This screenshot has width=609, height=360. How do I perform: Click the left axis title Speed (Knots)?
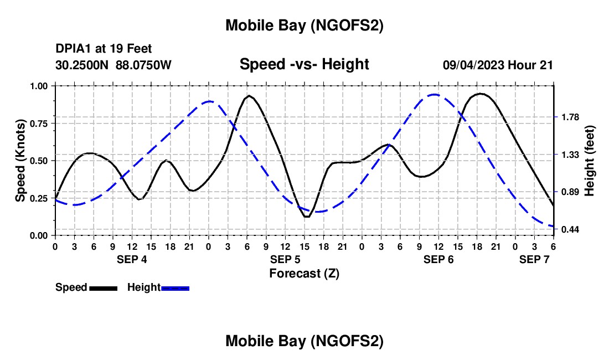point(20,161)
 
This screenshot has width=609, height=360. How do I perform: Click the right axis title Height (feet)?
point(589,161)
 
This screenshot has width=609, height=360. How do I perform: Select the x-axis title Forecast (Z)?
point(304,273)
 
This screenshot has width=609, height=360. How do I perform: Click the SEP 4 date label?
point(132,259)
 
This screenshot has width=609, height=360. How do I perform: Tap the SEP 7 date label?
point(534,259)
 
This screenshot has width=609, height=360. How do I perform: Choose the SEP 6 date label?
point(438,259)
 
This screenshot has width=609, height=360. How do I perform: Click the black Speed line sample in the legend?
point(103,287)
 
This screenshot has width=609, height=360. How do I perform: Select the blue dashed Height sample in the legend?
point(176,287)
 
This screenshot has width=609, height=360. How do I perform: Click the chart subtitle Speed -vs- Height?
point(304,64)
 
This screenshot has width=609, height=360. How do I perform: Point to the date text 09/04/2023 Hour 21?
point(498,65)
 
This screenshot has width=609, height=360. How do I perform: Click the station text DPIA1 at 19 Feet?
point(104,49)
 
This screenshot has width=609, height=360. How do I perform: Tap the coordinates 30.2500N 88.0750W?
point(113,65)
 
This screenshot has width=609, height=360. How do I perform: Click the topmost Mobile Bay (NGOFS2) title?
point(304,25)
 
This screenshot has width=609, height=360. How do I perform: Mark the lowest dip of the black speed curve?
point(307,217)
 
